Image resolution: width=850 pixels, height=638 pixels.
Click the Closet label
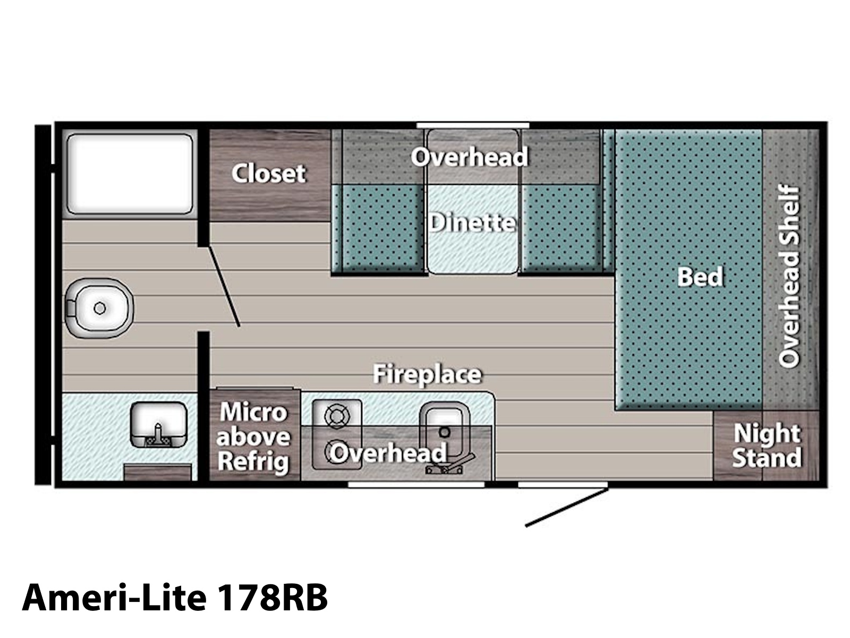click(x=269, y=173)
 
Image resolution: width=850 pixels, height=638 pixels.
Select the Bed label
click(x=700, y=276)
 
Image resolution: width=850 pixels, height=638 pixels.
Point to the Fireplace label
click(x=427, y=374)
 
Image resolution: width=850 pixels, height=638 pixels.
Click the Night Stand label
click(x=767, y=446)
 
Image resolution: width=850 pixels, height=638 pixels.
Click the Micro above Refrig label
click(x=253, y=437)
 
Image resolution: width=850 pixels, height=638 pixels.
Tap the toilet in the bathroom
click(x=99, y=308)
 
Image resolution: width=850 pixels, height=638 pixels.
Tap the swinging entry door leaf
click(x=566, y=507)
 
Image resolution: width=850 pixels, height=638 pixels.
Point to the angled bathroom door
click(x=224, y=286)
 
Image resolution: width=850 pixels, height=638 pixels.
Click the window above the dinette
click(x=473, y=125)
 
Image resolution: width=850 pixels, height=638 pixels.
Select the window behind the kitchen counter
click(x=416, y=484)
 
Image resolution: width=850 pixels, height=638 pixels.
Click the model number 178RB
click(x=272, y=597)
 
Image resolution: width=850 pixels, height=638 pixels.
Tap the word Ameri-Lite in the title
click(x=114, y=597)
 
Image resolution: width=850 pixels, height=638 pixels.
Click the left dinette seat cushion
click(x=378, y=229)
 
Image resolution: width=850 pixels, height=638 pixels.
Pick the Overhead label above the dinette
click(x=469, y=157)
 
